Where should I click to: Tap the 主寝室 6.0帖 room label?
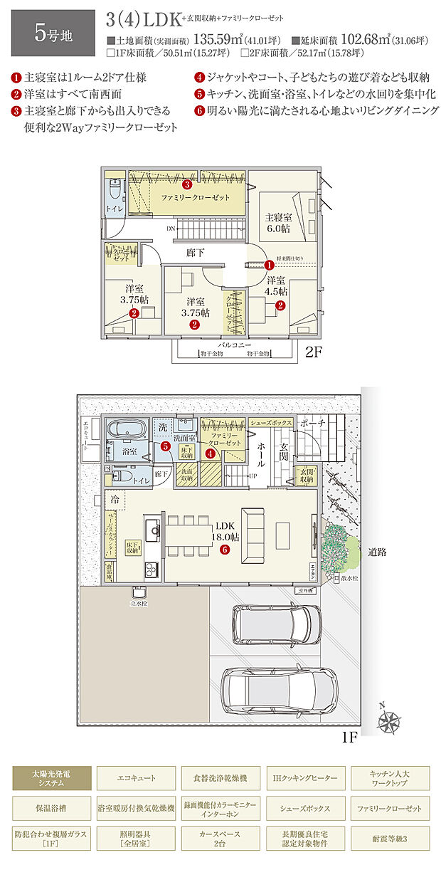277,223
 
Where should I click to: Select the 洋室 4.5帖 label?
276,285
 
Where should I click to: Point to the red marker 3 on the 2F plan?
187,185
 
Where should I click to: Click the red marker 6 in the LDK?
224,549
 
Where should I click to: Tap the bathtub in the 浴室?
126,431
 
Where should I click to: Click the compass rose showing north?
389,720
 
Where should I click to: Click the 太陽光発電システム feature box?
52,778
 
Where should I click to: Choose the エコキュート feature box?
136,778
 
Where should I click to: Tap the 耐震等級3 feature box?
388,838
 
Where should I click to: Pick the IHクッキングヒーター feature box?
304,778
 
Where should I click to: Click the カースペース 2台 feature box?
220,838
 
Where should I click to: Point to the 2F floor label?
314,352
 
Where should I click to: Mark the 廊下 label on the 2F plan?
196,252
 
